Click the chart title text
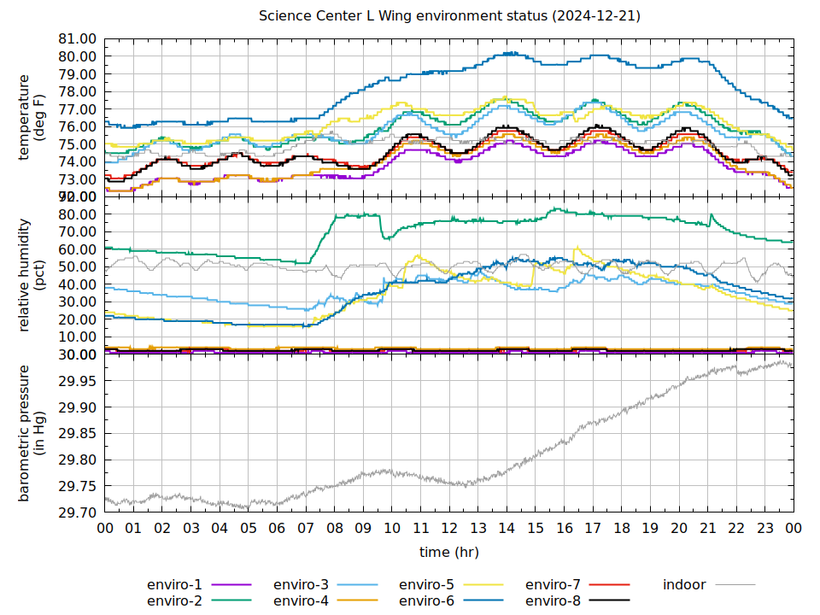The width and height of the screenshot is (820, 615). [x=449, y=16]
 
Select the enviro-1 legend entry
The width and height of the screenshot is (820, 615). [x=174, y=585]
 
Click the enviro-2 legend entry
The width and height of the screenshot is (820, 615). [x=174, y=600]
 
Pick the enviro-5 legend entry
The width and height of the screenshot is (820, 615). [x=427, y=585]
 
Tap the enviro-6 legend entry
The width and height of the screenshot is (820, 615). [x=427, y=600]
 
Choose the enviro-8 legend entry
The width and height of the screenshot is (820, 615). [x=553, y=600]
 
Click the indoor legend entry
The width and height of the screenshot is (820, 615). [x=684, y=585]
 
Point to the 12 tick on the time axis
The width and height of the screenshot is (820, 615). [x=449, y=529]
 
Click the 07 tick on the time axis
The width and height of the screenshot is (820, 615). [x=306, y=529]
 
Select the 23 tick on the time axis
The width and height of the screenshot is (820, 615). [x=764, y=529]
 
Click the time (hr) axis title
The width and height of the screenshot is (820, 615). [x=449, y=553]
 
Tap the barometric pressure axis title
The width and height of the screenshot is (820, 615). [x=32, y=433]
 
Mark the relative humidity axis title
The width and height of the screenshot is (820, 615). [x=32, y=275]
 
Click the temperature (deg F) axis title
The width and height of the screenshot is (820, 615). [x=32, y=117]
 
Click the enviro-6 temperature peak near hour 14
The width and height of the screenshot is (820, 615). [x=510, y=53]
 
